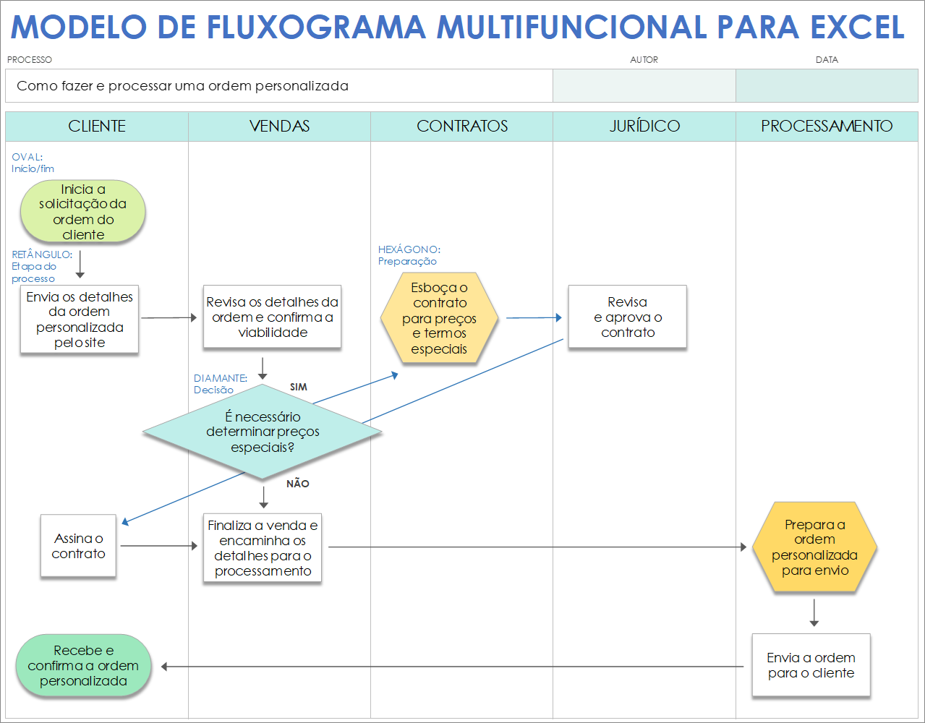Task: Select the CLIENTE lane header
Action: click(x=97, y=126)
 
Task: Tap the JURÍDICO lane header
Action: click(x=644, y=126)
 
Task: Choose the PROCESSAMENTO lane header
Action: click(x=827, y=126)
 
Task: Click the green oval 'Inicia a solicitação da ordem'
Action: click(x=83, y=212)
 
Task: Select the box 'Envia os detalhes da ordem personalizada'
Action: click(x=80, y=320)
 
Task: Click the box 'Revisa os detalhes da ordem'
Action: click(x=272, y=317)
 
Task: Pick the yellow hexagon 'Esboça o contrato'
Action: click(x=439, y=318)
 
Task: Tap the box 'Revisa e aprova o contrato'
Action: click(x=627, y=317)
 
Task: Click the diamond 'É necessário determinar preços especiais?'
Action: click(x=263, y=432)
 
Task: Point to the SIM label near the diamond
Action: click(x=299, y=388)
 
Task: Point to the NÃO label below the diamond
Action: click(x=298, y=484)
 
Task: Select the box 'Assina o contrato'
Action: click(x=78, y=546)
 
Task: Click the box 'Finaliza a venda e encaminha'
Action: click(x=263, y=548)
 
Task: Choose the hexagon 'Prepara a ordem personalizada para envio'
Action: click(x=814, y=548)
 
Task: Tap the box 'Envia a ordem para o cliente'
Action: click(x=811, y=665)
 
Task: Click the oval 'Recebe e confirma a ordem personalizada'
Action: click(x=83, y=666)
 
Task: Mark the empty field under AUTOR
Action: click(x=644, y=86)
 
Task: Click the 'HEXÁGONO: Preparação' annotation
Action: click(x=409, y=255)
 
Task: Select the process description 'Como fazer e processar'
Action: click(x=182, y=86)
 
